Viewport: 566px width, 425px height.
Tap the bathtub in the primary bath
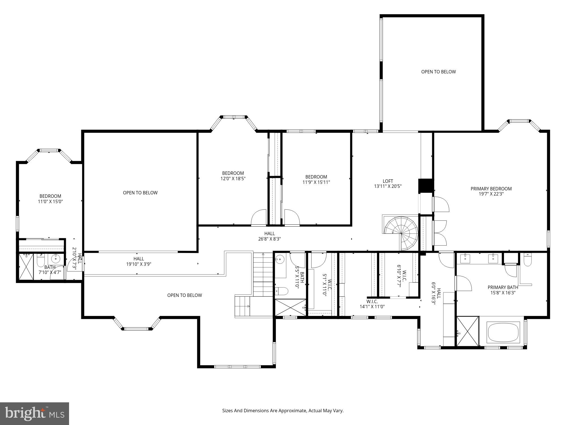[x=503, y=332]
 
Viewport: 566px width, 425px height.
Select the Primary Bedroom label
[x=491, y=189]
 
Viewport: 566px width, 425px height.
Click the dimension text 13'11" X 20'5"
[x=388, y=186]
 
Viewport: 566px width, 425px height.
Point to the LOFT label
[x=388, y=181]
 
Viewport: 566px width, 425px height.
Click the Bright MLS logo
[x=34, y=414]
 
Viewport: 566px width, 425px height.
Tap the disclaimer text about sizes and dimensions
[x=283, y=411]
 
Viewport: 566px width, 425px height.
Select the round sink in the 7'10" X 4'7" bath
[x=56, y=259]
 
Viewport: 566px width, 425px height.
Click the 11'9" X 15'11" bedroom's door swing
[x=292, y=218]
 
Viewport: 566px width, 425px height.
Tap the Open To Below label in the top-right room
[x=438, y=72]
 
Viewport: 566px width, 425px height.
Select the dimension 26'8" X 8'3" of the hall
[x=269, y=239]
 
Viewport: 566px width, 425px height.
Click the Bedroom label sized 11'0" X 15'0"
[x=50, y=196]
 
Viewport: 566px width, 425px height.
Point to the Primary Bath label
[x=503, y=287]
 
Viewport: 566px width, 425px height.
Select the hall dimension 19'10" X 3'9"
[x=139, y=264]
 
